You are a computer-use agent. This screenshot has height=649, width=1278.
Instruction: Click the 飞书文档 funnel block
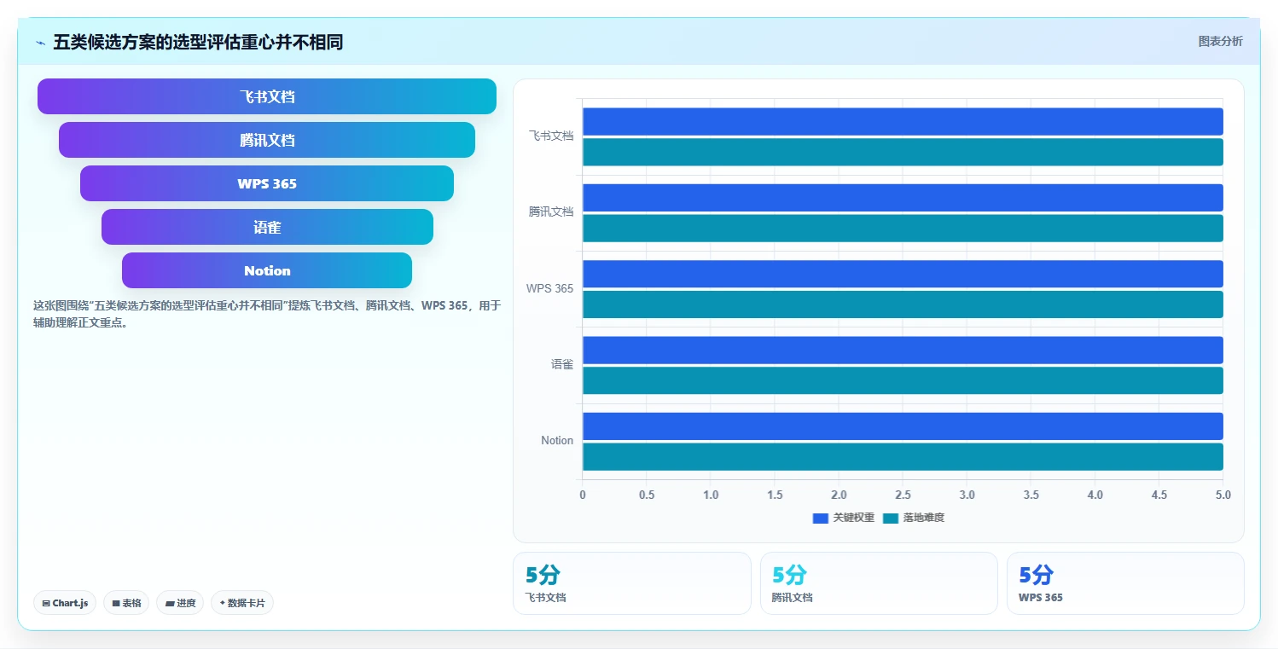tap(267, 96)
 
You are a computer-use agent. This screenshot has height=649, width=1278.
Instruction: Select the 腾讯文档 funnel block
tap(267, 140)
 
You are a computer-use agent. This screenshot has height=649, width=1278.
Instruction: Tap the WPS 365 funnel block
tap(267, 183)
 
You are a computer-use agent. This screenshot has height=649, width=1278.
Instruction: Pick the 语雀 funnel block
tap(267, 227)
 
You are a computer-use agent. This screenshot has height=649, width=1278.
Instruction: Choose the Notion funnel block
tap(267, 270)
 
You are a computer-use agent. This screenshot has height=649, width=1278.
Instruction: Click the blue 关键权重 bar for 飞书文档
tap(903, 121)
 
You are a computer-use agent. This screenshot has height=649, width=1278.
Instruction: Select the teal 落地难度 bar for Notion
tap(903, 457)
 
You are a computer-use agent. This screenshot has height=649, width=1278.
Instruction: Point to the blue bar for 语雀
tap(903, 351)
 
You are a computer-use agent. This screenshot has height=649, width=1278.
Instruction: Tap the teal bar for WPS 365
tap(903, 304)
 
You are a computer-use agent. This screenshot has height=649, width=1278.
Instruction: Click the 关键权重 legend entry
tap(843, 518)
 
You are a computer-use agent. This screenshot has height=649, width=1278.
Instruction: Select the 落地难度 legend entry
tap(914, 518)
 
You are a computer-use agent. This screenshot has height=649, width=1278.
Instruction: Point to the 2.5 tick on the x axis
tap(903, 495)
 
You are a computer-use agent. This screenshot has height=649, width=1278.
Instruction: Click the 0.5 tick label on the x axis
tap(647, 495)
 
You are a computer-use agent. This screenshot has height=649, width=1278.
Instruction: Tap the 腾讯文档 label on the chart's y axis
tap(550, 212)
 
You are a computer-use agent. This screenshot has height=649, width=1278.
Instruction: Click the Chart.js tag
tap(65, 603)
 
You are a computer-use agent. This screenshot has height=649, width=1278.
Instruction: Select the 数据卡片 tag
tap(242, 603)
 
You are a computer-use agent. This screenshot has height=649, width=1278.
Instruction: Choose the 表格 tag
tap(126, 603)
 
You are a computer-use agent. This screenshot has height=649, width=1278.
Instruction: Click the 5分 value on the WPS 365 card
tap(1036, 575)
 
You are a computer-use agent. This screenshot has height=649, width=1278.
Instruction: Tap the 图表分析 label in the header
tap(1220, 41)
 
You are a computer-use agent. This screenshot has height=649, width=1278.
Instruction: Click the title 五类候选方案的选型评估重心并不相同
tap(198, 42)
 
